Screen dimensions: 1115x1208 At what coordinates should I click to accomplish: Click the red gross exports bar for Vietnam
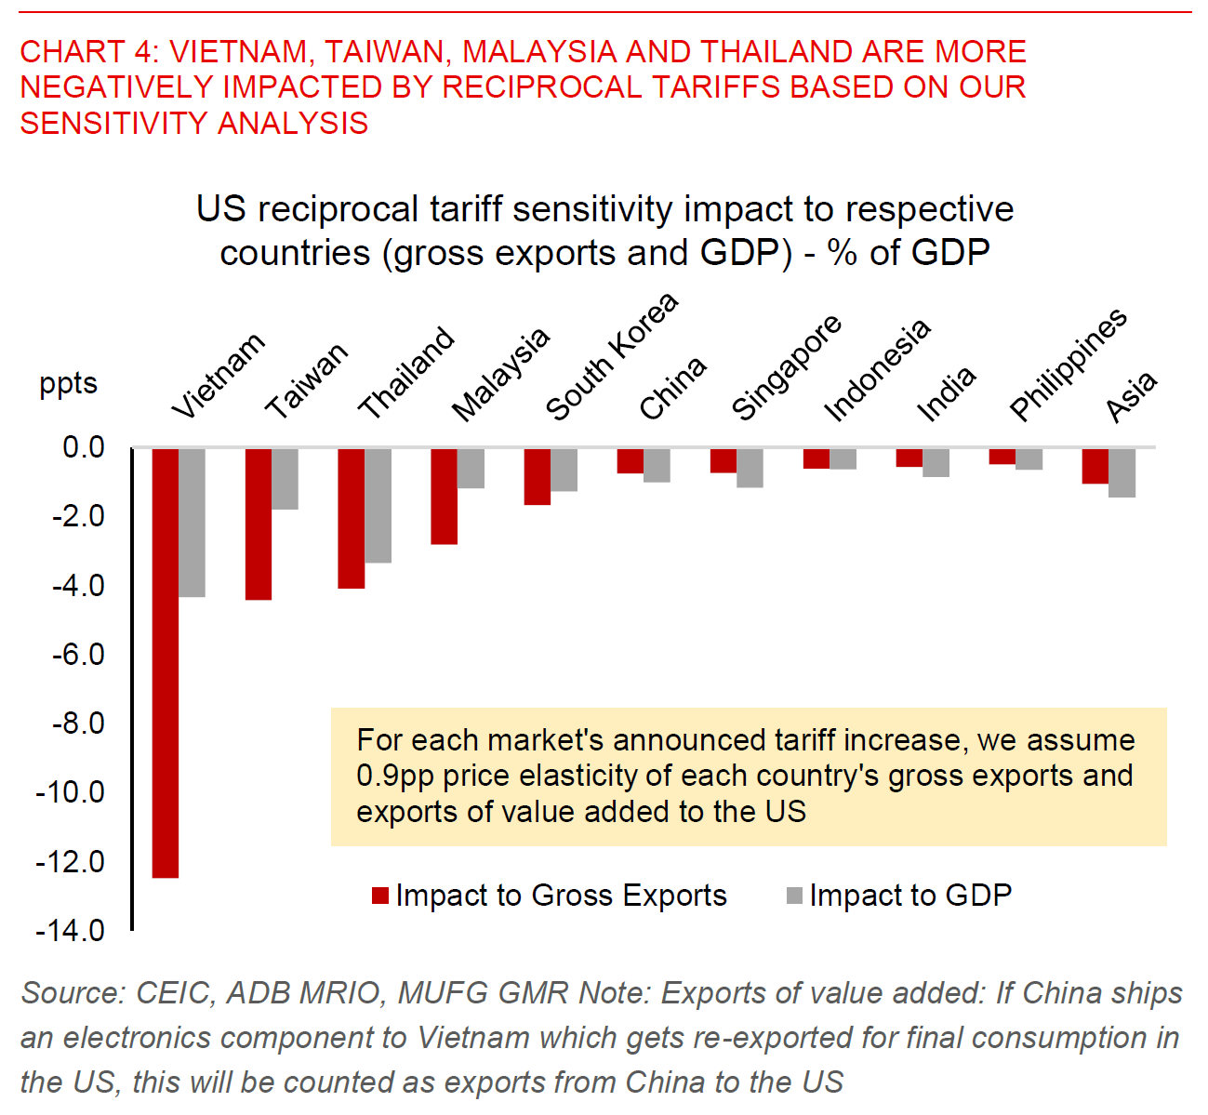(x=166, y=662)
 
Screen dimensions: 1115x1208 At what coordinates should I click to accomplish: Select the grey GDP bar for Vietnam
(x=192, y=522)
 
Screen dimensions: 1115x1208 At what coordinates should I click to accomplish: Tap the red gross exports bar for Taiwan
(x=259, y=524)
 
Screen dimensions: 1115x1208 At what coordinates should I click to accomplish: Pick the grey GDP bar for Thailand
(x=378, y=505)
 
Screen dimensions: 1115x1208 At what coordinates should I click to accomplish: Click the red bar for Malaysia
(x=445, y=496)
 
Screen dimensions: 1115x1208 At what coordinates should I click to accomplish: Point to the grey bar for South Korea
(x=564, y=470)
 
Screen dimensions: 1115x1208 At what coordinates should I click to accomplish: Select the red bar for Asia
(x=1095, y=466)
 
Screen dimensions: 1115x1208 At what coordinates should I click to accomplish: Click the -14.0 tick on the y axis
(x=71, y=930)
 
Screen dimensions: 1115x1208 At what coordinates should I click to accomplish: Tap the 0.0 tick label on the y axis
(x=83, y=447)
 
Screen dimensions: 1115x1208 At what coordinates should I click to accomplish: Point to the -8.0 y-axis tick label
(x=71, y=723)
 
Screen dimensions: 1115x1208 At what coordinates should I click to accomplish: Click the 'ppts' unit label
(x=68, y=383)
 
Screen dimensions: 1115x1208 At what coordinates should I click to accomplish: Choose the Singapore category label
(x=786, y=367)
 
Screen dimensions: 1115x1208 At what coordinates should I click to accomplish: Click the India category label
(x=946, y=392)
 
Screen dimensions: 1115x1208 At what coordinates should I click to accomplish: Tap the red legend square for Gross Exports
(x=379, y=896)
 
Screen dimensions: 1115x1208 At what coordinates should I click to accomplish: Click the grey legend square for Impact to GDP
(x=794, y=896)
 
